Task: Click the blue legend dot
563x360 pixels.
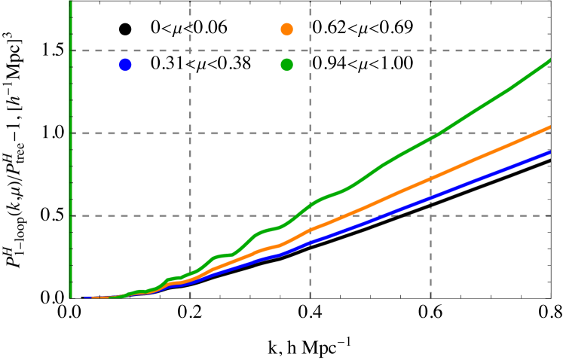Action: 125,65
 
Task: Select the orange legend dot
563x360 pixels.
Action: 287,29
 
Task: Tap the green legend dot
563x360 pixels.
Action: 287,65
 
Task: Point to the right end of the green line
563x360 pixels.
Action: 550,59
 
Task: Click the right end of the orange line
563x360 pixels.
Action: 550,127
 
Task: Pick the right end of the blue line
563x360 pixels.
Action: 550,152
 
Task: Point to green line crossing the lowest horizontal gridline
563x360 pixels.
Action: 300,215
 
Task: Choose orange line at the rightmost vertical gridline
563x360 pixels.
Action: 430,178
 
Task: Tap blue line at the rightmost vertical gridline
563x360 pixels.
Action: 430,197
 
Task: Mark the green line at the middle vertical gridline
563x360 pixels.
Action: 310,206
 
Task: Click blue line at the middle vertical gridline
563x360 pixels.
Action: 310,243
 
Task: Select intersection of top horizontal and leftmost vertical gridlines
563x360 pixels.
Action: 190,50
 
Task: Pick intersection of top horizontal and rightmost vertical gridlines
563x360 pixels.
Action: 430,50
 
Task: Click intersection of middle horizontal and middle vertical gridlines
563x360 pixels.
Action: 310,133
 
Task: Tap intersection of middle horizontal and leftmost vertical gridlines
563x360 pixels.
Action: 190,133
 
